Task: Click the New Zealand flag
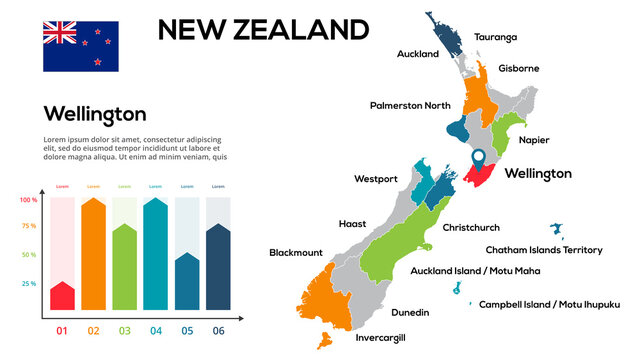click(x=80, y=46)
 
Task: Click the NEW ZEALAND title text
click(x=263, y=29)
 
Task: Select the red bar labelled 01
click(x=62, y=296)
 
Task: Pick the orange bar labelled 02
click(x=93, y=255)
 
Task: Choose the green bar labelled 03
click(x=124, y=268)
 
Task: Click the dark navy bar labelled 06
click(x=218, y=268)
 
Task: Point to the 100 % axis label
click(x=28, y=200)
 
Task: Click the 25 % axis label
click(x=28, y=284)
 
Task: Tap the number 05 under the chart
click(x=187, y=331)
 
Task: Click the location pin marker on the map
click(x=478, y=158)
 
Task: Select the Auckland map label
click(x=418, y=54)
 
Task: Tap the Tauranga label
click(x=496, y=37)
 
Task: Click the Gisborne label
click(x=519, y=69)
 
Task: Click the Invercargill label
click(x=381, y=338)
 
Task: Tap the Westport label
click(x=376, y=179)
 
